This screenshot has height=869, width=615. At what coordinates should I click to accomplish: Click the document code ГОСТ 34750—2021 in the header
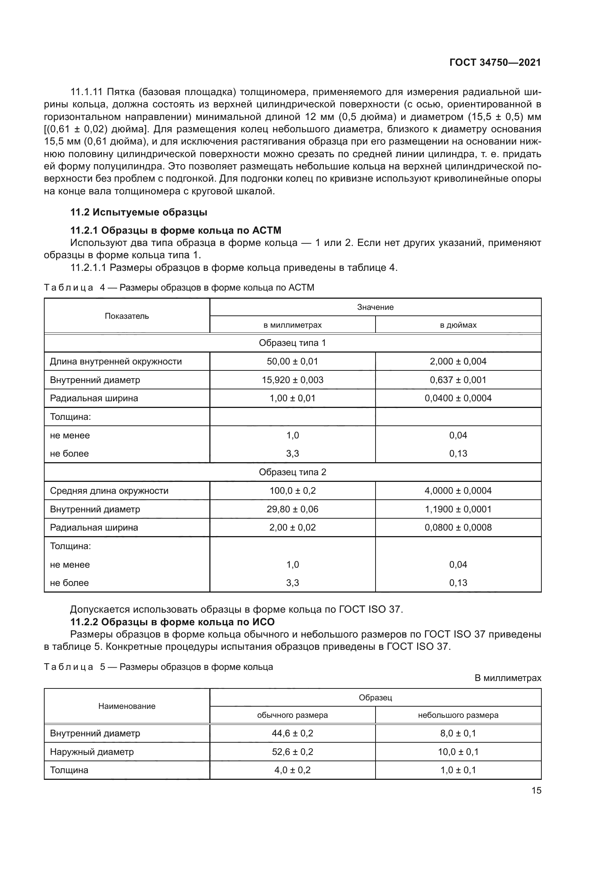pyautogui.click(x=495, y=62)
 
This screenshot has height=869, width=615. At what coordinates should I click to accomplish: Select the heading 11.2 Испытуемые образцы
pyautogui.click(x=139, y=213)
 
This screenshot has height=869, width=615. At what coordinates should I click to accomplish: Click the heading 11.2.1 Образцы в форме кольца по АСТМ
pyautogui.click(x=176, y=230)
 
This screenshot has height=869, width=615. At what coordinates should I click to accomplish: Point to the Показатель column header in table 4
pyautogui.click(x=127, y=316)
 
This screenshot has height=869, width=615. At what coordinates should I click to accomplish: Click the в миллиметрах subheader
pyautogui.click(x=292, y=325)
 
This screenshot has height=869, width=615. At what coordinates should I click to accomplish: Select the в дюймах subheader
pyautogui.click(x=458, y=325)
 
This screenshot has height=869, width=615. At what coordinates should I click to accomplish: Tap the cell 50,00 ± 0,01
pyautogui.click(x=292, y=361)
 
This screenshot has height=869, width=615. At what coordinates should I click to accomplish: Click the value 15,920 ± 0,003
pyautogui.click(x=292, y=380)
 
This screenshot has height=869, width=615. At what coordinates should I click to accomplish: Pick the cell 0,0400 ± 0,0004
pyautogui.click(x=458, y=398)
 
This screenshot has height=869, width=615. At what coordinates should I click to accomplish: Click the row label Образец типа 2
pyautogui.click(x=292, y=472)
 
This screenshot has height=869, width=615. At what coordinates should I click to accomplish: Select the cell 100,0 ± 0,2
pyautogui.click(x=292, y=491)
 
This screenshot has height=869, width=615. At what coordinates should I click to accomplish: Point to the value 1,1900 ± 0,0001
pyautogui.click(x=458, y=509)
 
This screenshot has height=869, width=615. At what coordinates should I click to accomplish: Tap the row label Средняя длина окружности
pyautogui.click(x=109, y=491)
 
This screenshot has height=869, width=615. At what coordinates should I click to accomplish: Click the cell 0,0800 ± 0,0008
pyautogui.click(x=458, y=528)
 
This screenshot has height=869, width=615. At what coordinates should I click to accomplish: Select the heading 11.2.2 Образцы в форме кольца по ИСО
pyautogui.click(x=172, y=622)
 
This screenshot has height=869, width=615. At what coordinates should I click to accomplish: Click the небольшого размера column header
pyautogui.click(x=458, y=715)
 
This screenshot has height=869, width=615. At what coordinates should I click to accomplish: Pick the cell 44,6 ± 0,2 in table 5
pyautogui.click(x=292, y=733)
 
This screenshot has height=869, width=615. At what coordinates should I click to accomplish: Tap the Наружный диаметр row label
pyautogui.click(x=92, y=752)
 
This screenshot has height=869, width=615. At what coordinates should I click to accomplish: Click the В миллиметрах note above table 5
pyautogui.click(x=508, y=678)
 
